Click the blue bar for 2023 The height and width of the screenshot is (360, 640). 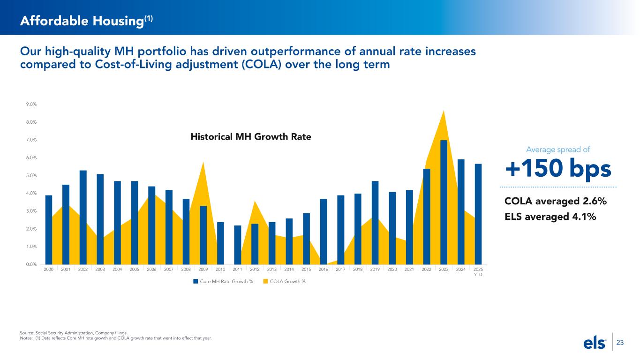[444, 202]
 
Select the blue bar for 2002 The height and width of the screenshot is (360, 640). [83, 217]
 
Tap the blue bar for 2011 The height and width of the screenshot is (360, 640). [238, 245]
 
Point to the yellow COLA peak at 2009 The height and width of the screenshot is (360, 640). [203, 164]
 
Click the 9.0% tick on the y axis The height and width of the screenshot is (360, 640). [31, 105]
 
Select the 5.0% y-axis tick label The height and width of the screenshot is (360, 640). [31, 176]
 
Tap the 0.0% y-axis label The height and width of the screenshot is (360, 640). [31, 264]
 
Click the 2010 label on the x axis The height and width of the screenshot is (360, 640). [220, 270]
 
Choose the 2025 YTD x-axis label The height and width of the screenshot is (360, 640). [478, 272]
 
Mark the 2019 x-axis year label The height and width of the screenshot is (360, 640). [375, 270]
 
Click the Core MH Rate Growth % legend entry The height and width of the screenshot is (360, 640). [223, 281]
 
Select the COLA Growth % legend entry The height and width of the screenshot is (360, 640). [284, 281]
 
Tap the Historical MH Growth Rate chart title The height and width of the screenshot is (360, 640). [251, 137]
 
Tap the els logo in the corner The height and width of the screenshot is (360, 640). [595, 343]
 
